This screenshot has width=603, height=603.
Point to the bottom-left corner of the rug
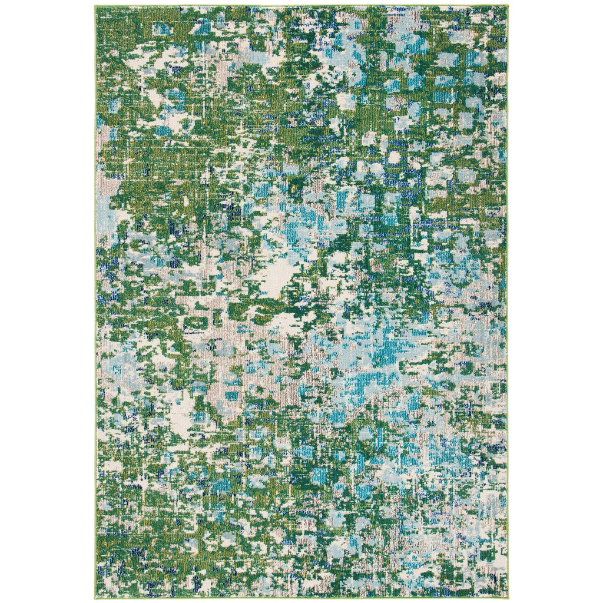pos(95,597)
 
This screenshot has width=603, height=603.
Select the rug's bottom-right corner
pos(508,597)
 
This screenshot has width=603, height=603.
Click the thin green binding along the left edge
pos(95,294)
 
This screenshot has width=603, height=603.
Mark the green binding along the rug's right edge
pos(507,294)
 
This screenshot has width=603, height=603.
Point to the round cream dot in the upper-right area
pos(393,158)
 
